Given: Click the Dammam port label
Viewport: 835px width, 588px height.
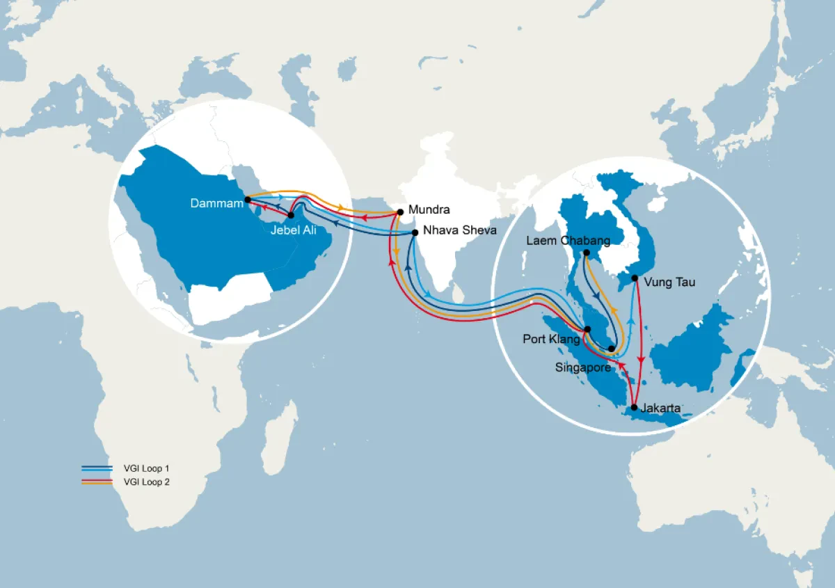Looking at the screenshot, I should click(x=217, y=203).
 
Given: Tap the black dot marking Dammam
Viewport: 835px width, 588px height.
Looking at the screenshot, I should click(x=248, y=200).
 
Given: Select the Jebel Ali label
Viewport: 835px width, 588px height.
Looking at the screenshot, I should click(x=293, y=231).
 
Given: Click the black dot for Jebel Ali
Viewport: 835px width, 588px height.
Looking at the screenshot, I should click(x=291, y=216).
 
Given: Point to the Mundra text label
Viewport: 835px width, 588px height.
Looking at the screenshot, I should click(x=429, y=209).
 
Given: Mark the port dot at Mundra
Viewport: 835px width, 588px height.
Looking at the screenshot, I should click(x=400, y=212).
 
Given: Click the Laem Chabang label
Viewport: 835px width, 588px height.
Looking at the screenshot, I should click(x=568, y=241).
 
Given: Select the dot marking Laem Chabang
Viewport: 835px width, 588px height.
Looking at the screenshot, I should click(x=587, y=253).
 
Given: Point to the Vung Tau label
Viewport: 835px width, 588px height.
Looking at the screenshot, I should click(x=670, y=283).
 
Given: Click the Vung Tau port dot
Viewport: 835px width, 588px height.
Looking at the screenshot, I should click(x=635, y=278).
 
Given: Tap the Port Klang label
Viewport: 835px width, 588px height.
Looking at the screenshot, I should click(x=551, y=340).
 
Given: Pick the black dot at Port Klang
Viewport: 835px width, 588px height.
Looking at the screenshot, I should click(x=588, y=329).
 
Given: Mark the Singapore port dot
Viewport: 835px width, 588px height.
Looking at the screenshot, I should click(x=612, y=349).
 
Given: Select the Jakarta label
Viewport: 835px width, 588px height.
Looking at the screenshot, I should click(x=661, y=408).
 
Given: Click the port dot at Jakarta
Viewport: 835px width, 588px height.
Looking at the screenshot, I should click(x=634, y=407).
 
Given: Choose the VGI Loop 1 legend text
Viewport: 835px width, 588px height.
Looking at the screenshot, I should click(x=145, y=468).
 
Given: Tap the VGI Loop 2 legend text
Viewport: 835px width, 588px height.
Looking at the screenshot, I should click(x=145, y=481).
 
